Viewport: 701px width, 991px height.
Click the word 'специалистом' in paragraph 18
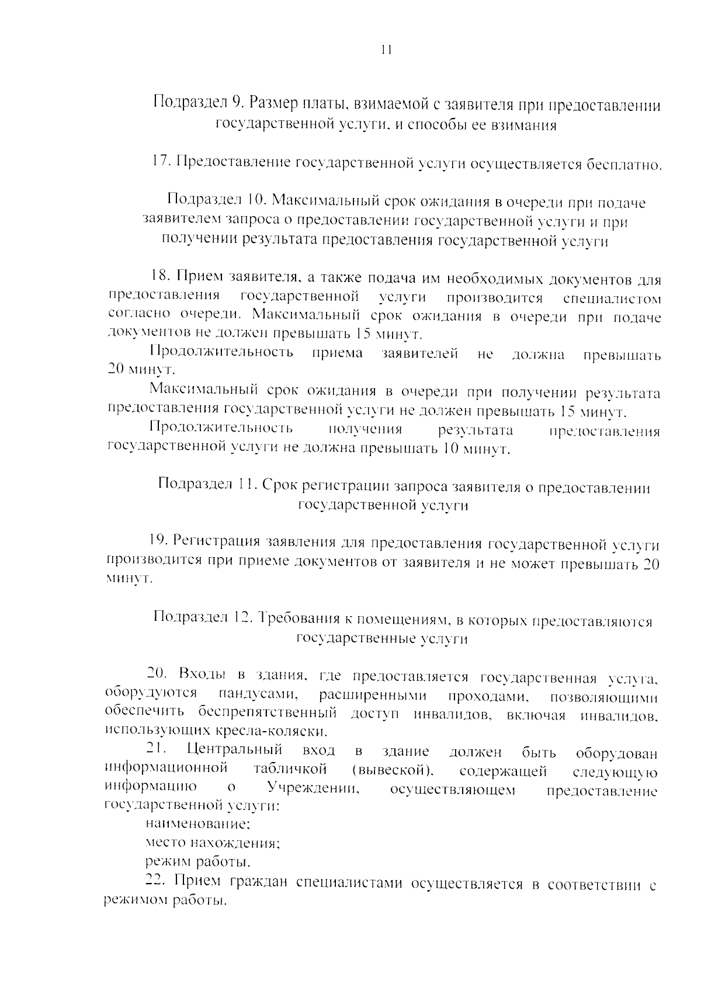(612, 299)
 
